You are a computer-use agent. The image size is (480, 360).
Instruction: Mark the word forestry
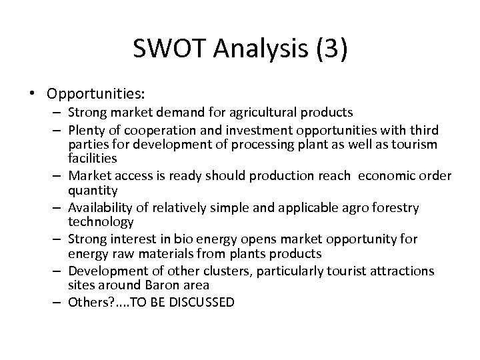click(395, 207)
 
